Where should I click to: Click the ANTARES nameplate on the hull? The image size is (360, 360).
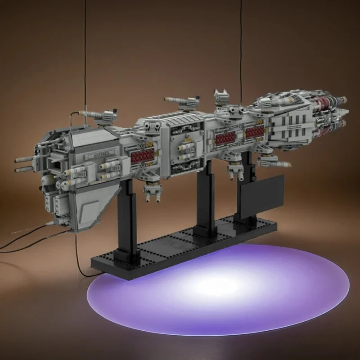[x=101, y=154]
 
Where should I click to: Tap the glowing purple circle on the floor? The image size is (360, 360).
[x=218, y=290]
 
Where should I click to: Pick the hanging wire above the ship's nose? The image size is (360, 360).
[x=85, y=62]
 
